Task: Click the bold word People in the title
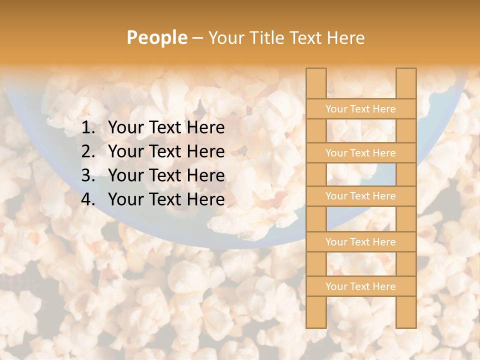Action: coord(156,37)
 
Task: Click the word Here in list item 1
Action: coord(205,128)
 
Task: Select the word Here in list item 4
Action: coord(205,199)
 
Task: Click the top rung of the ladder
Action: coord(361,109)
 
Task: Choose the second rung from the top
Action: coord(361,153)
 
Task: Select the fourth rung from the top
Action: coord(361,242)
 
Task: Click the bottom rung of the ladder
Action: coord(361,286)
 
